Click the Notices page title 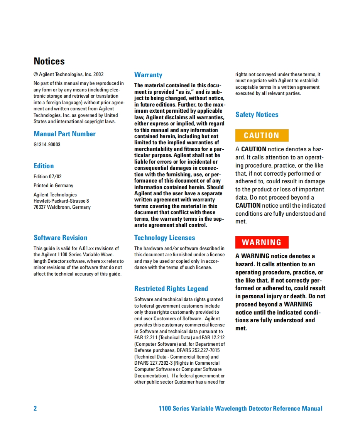[49, 61]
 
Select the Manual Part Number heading [64, 134]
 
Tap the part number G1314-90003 [47, 145]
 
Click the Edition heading [44, 166]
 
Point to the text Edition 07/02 [47, 177]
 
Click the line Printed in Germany [53, 186]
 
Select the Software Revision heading [60, 238]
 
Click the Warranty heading [148, 75]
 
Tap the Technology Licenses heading [164, 238]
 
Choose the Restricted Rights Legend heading [171, 289]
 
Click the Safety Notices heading [257, 115]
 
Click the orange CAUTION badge [262, 135]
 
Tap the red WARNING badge [262, 242]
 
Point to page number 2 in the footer [35, 409]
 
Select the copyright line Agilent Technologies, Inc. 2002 [69, 74]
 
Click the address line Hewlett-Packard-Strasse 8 [61, 201]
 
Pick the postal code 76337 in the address [40, 207]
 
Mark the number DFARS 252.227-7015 [198, 350]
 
